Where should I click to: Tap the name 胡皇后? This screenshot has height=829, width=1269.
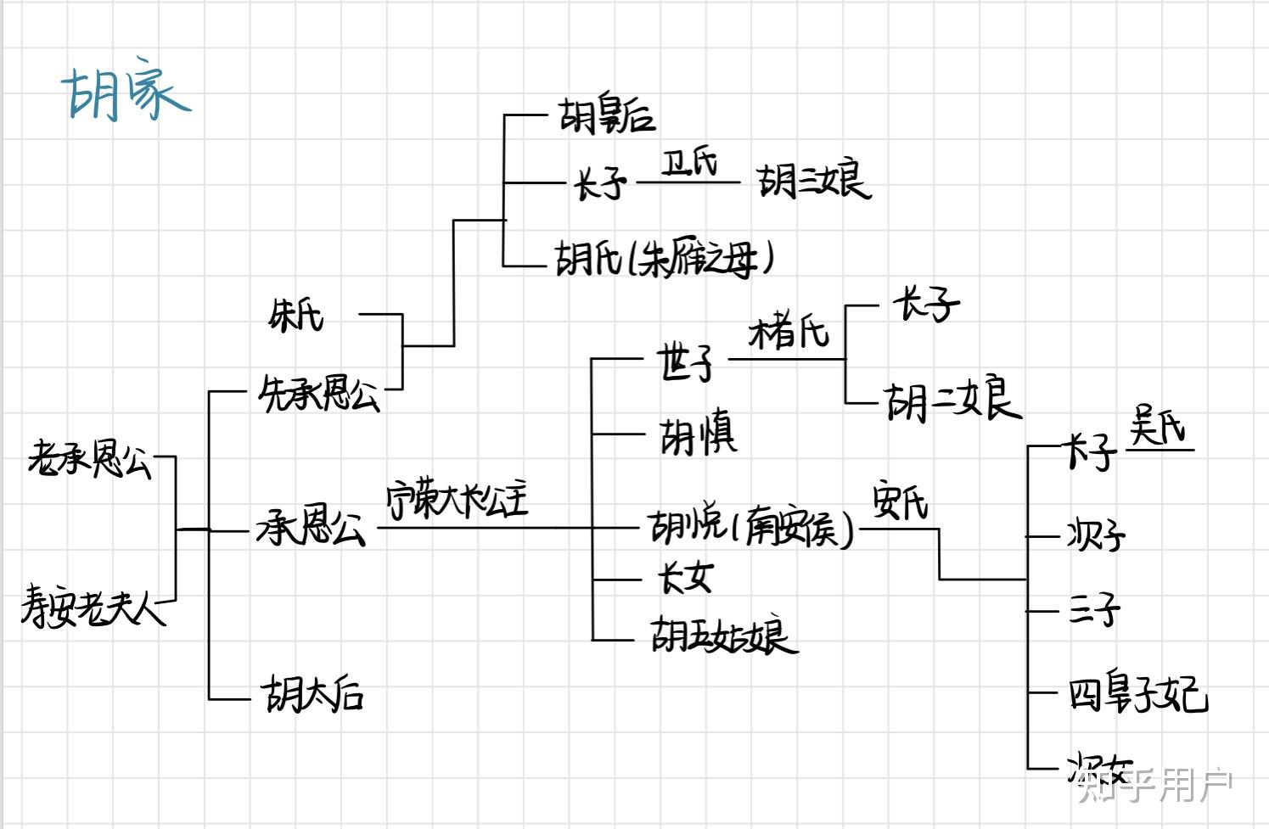[x=606, y=116]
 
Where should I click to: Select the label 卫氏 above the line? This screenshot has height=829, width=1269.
[x=688, y=162]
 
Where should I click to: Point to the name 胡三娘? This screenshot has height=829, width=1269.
[x=813, y=181]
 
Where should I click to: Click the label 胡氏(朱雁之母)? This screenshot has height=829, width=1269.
[x=664, y=258]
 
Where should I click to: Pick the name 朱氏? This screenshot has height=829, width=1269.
[x=295, y=316]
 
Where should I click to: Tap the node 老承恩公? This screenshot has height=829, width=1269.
[x=89, y=460]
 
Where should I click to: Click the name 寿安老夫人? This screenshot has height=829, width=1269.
[x=93, y=606]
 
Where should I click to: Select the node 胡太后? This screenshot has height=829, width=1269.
[x=313, y=694]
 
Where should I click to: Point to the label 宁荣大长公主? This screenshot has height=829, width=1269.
[x=457, y=501]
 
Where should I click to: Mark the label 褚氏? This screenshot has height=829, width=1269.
[x=789, y=331]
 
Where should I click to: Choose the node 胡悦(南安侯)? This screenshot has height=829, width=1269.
[x=750, y=529]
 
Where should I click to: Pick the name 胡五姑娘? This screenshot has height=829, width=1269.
[x=724, y=636]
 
